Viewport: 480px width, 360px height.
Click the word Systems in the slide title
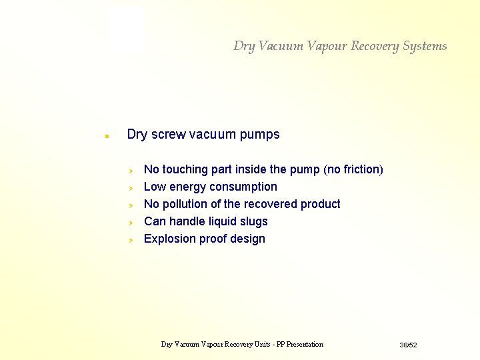[x=425, y=46]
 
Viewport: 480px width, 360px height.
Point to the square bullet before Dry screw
[x=106, y=136]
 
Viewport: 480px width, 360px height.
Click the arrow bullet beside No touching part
[x=132, y=170]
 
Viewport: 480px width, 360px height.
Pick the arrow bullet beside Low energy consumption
[x=132, y=187]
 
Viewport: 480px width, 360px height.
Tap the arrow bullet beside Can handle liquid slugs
[x=132, y=222]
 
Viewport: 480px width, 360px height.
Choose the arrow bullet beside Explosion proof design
[x=132, y=239]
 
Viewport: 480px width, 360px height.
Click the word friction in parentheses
[x=361, y=169]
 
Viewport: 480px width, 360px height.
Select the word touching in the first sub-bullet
[x=183, y=169]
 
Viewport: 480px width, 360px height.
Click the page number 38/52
[x=408, y=345]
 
